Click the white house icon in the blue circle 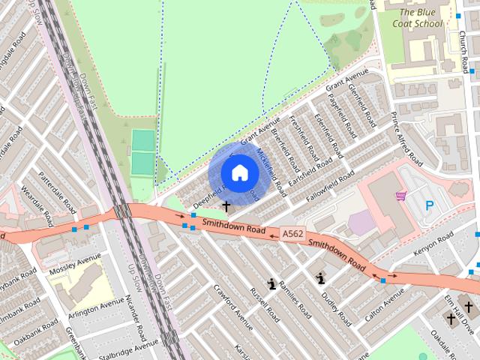point(239,172)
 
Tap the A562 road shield point(293,235)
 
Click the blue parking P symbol point(430,205)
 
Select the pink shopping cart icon point(401,196)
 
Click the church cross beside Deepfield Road point(226,205)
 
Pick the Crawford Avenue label point(233,307)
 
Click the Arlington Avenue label point(96,308)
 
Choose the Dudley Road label point(335,307)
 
